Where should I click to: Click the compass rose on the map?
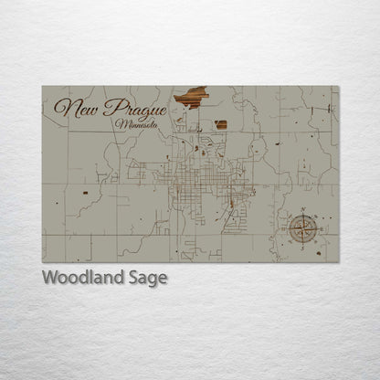[x=302, y=228]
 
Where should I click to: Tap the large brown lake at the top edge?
[x=191, y=95]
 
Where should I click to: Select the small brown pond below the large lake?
[x=221, y=124]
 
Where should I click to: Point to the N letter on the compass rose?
[x=302, y=213]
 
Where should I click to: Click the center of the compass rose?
[x=302, y=228]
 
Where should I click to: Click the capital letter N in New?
[x=62, y=107]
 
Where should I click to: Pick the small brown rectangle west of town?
[x=86, y=193]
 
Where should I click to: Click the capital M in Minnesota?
[x=120, y=121]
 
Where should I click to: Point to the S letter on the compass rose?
[x=302, y=244]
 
